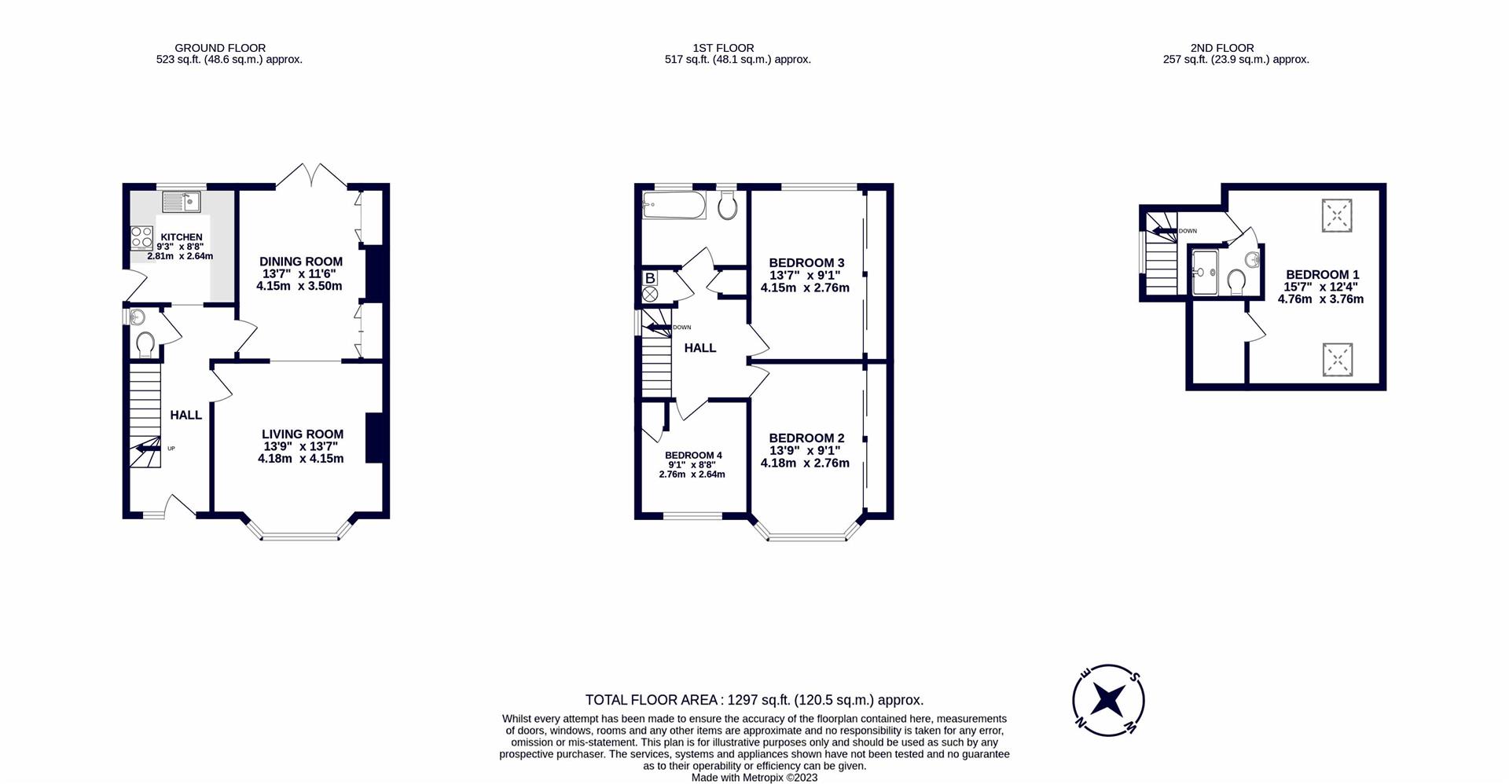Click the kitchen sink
182,202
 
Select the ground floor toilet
145,343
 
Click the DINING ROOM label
301,262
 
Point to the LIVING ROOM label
303,434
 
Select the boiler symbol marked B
650,278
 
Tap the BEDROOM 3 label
806,262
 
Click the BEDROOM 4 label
693,455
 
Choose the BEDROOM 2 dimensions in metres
805,463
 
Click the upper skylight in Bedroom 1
1337,215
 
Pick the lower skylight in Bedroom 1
1337,359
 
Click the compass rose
1108,700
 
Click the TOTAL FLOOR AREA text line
754,700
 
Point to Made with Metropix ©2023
754,778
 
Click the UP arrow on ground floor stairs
145,449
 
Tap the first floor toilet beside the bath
727,207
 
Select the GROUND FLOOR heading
220,48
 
